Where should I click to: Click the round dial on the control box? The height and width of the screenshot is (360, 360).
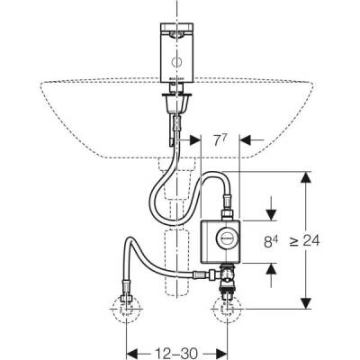(x=229, y=241)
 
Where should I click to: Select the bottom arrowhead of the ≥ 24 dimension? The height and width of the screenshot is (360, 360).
(x=309, y=303)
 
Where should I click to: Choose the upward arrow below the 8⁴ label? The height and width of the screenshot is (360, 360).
(x=267, y=268)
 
